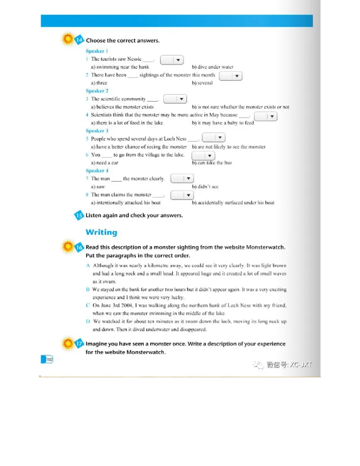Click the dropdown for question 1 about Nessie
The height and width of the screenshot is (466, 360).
(x=172, y=59)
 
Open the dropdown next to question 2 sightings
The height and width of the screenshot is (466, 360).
(x=231, y=76)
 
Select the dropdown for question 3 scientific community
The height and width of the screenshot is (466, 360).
(x=175, y=99)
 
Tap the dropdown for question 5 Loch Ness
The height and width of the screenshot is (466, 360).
(x=214, y=138)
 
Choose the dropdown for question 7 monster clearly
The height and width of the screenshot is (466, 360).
(x=182, y=179)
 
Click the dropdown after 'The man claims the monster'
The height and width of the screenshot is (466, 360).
(x=182, y=195)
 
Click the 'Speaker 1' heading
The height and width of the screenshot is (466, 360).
(x=97, y=51)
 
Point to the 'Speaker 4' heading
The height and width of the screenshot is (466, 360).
(x=97, y=171)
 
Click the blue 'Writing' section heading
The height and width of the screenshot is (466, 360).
(x=101, y=232)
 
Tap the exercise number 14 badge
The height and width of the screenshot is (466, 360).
(x=79, y=41)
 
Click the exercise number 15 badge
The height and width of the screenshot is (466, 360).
(x=79, y=215)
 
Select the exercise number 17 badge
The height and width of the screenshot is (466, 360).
(x=79, y=344)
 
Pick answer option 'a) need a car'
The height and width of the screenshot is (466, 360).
(x=104, y=163)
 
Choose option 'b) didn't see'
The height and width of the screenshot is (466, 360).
(x=205, y=186)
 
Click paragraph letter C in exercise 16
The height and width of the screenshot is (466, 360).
(x=88, y=305)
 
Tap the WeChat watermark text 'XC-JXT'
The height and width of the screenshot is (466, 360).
(x=301, y=365)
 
